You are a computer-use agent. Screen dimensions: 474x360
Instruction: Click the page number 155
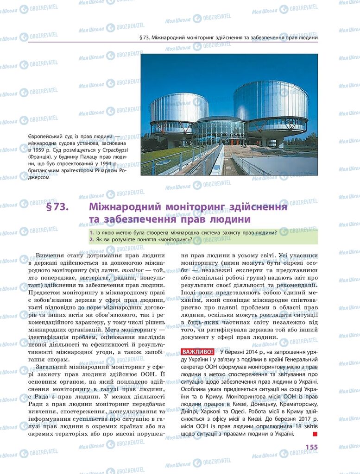click(x=311, y=447)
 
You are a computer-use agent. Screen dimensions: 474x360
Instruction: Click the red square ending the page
click(x=315, y=434)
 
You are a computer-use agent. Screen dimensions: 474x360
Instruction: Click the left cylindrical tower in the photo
click(x=179, y=111)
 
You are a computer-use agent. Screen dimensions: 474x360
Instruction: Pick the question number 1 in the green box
click(x=92, y=232)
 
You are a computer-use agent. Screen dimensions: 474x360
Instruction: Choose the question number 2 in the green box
click(x=92, y=240)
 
